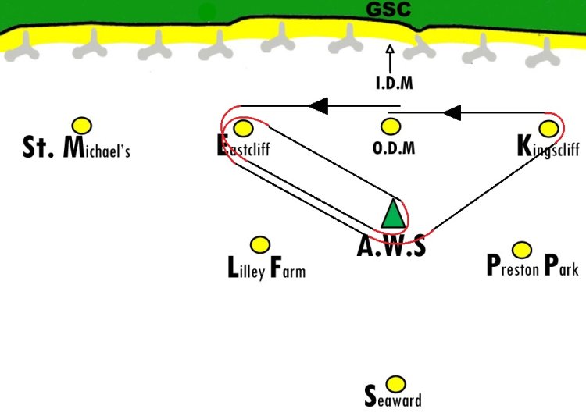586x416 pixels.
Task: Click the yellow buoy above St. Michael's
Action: click(82, 126)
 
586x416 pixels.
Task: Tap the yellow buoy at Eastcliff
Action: click(243, 129)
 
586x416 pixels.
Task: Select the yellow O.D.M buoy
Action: click(391, 126)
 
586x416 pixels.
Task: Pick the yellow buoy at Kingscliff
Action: click(549, 129)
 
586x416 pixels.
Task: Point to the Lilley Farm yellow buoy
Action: click(260, 245)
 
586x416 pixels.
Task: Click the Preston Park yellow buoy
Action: click(522, 250)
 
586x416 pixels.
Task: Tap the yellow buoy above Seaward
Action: click(395, 384)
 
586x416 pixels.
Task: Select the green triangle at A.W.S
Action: click(393, 214)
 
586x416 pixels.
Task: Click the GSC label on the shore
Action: click(388, 9)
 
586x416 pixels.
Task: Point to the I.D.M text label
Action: click(395, 83)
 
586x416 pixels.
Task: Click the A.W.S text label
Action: click(391, 246)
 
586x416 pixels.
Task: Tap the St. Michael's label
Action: click(77, 148)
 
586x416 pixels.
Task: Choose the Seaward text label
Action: click(393, 397)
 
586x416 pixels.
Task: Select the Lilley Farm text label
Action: click(266, 268)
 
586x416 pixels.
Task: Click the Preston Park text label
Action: click(533, 265)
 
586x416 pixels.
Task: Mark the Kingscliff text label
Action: click(548, 148)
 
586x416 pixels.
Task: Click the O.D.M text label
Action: click(394, 148)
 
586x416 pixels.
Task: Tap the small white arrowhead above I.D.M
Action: click(390, 49)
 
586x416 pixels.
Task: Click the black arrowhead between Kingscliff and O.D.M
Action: click(452, 112)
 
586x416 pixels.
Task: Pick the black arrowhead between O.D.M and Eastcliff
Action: click(319, 105)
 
